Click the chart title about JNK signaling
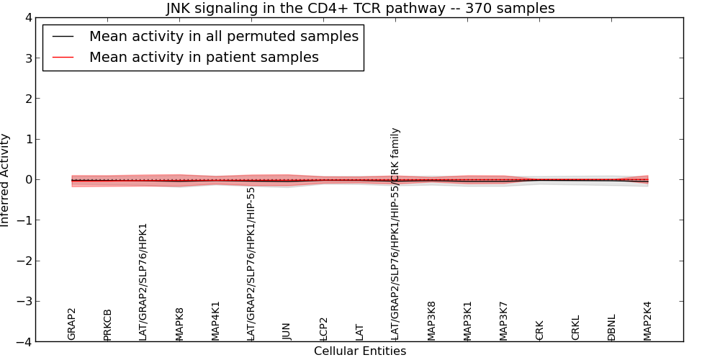pos(360,9)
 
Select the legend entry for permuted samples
pos(223,36)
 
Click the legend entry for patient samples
pos(204,58)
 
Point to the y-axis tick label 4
pos(27,17)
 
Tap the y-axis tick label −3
pos(24,302)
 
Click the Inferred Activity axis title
pos(6,180)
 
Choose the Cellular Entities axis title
pos(360,351)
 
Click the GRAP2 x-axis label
pos(72,324)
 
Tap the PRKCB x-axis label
pos(108,325)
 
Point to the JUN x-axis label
pos(287,331)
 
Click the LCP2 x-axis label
pos(324,328)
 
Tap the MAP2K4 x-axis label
pos(647,321)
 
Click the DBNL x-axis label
pos(612,328)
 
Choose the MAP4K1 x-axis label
pos(215,321)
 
